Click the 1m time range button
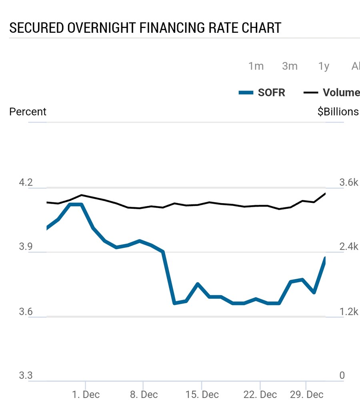pyautogui.click(x=256, y=66)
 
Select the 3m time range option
pyautogui.click(x=290, y=66)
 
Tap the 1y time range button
pyautogui.click(x=324, y=66)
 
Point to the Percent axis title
pyautogui.click(x=28, y=112)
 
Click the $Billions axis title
pyautogui.click(x=338, y=112)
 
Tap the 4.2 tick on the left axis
pyautogui.click(x=26, y=183)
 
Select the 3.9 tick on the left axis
pyautogui.click(x=26, y=247)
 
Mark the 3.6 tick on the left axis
pyautogui.click(x=26, y=312)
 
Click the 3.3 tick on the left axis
pyautogui.click(x=26, y=376)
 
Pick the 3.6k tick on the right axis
pyautogui.click(x=349, y=183)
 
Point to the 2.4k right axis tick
pyautogui.click(x=349, y=247)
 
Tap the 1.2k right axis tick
pyautogui.click(x=349, y=312)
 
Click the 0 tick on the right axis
pyautogui.click(x=342, y=376)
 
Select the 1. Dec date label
pyautogui.click(x=86, y=394)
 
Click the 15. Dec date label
pyautogui.click(x=202, y=394)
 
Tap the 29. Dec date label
pyautogui.click(x=306, y=394)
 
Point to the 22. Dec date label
pyautogui.click(x=260, y=394)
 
